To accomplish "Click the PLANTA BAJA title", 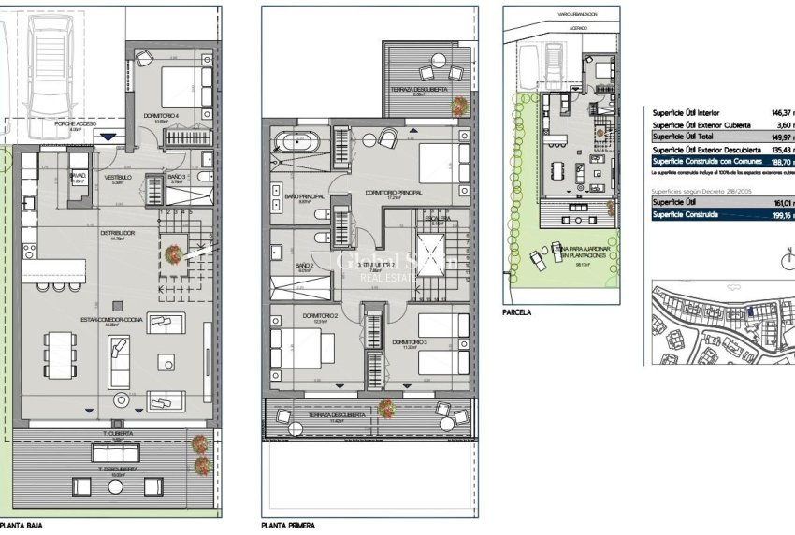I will click(22, 527).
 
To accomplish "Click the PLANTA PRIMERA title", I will click(287, 527).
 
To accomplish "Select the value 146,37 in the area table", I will click(777, 111).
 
